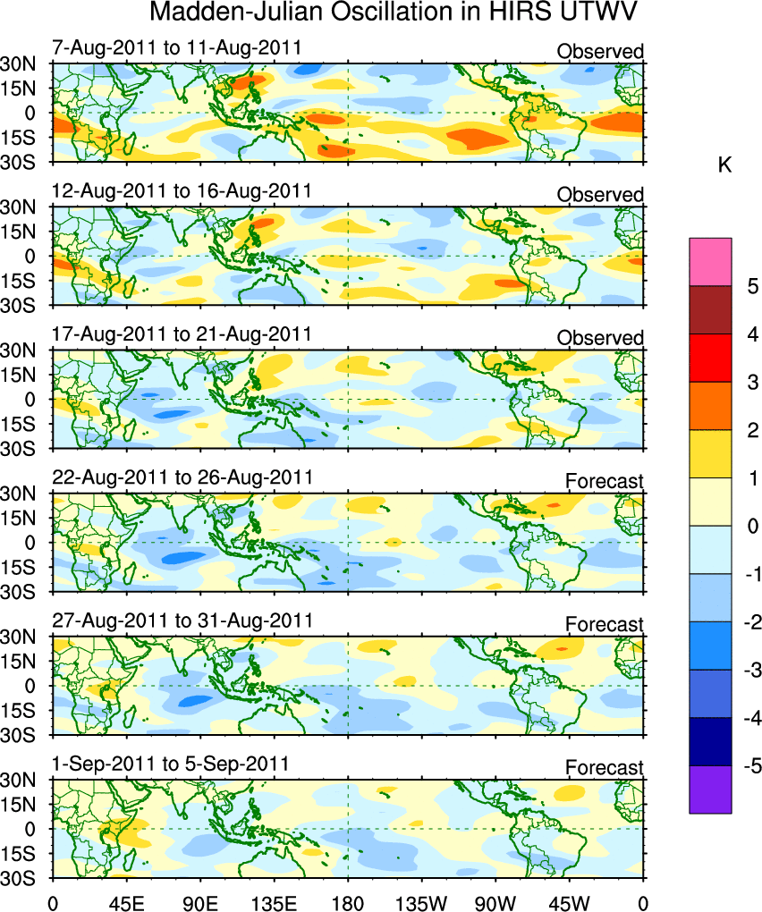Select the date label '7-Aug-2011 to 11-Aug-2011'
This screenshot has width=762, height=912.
(177, 47)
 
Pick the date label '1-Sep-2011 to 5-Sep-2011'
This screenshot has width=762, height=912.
(171, 764)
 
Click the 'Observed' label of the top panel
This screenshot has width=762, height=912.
(600, 52)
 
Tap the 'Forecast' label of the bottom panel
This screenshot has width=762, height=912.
(604, 768)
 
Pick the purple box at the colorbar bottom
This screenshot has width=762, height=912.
(710, 790)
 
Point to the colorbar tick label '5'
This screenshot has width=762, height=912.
(752, 287)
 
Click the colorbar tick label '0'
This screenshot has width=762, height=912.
(752, 527)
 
